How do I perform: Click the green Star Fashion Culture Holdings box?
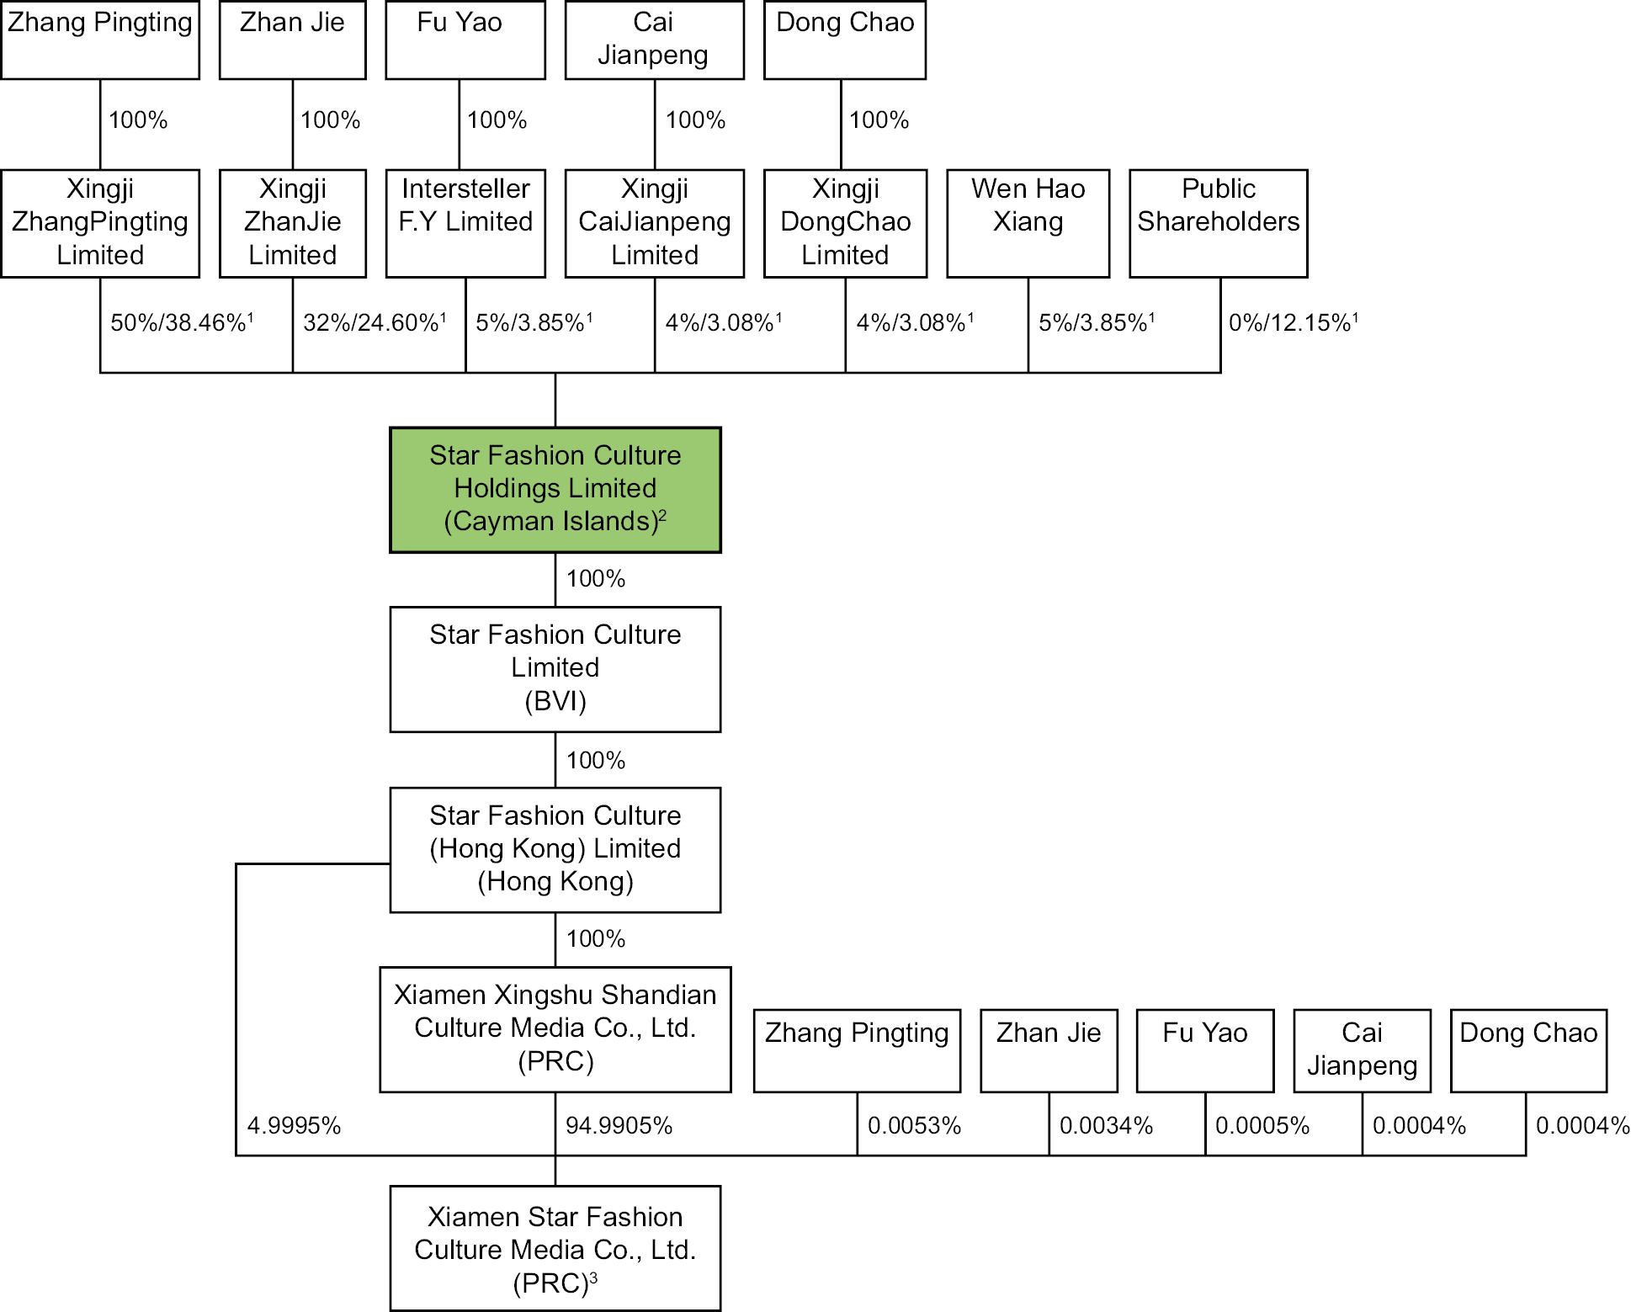point(555,489)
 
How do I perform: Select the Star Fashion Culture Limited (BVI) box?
point(555,668)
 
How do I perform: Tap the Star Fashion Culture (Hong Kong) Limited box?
point(555,849)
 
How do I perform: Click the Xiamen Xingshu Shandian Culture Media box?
point(555,1028)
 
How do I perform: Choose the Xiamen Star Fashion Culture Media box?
point(555,1249)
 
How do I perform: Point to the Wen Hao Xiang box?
point(1028,223)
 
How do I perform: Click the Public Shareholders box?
point(1218,223)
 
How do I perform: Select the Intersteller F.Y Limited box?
point(465,223)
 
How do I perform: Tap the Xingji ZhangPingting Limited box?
point(100,223)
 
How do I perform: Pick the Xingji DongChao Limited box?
point(845,223)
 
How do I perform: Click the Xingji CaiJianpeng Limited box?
point(654,223)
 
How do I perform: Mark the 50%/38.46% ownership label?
point(182,322)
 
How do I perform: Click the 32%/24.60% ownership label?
point(375,322)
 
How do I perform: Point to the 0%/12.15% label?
point(1294,322)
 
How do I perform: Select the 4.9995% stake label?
point(294,1126)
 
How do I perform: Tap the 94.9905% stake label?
point(619,1126)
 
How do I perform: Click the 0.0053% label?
point(914,1126)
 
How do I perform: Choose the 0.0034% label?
point(1106,1126)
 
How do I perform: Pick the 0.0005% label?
point(1262,1126)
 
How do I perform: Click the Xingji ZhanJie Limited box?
point(292,223)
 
